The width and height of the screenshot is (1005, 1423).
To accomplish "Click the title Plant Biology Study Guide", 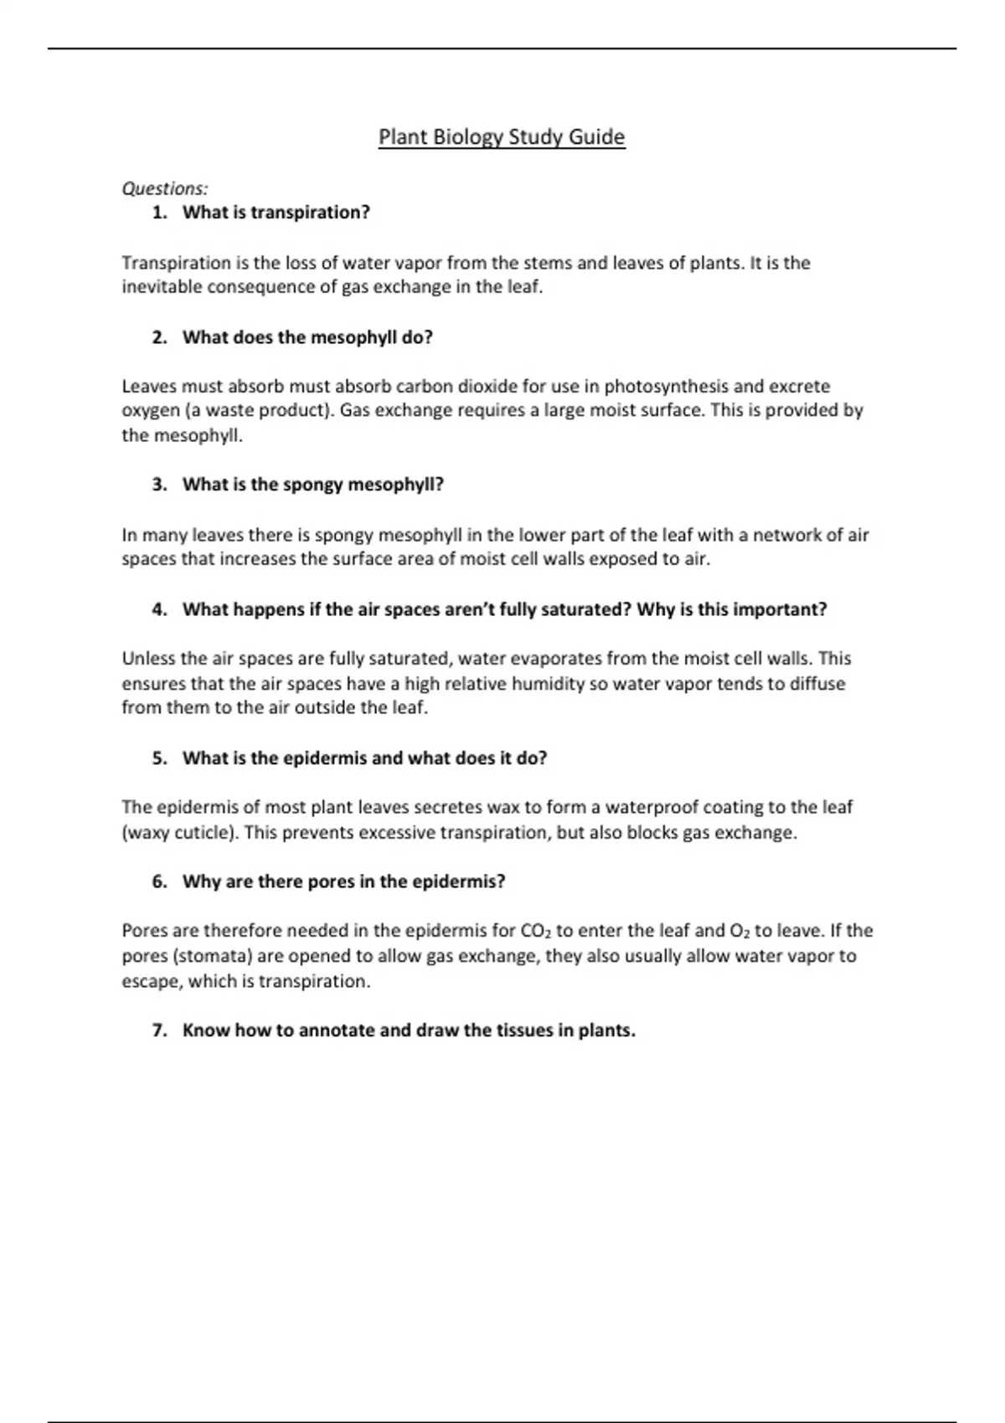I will click(502, 136).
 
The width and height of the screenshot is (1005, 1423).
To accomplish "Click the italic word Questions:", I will click(165, 188).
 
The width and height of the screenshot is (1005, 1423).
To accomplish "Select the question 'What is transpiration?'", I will click(276, 213).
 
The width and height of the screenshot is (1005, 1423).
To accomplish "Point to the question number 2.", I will click(159, 337).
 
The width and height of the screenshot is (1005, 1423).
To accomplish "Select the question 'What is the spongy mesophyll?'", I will click(312, 485).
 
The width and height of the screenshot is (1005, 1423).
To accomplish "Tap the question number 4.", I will click(159, 609).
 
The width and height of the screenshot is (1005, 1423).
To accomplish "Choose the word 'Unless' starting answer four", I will click(148, 659).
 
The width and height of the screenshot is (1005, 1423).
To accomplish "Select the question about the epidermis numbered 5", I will click(364, 758).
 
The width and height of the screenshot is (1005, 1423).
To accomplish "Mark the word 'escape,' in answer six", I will click(152, 981).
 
